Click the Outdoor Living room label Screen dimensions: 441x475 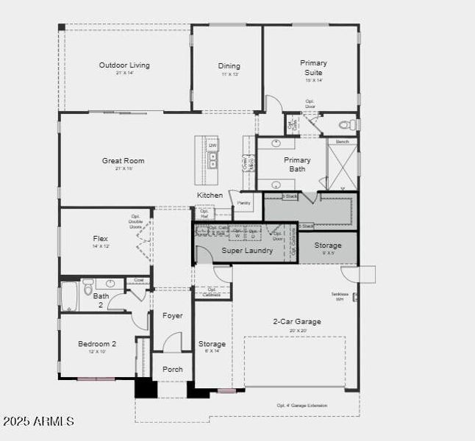coord(124,65)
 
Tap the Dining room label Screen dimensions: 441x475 coord(229,66)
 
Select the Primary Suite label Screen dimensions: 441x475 coord(313,68)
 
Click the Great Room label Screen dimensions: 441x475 coord(123,160)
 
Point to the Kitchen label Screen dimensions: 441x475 coord(210,195)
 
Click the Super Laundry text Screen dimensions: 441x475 coord(247,251)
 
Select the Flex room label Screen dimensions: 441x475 coord(100,239)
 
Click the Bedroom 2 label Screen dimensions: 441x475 coord(97,343)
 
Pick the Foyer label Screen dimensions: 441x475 coord(172,316)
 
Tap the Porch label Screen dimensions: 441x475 coord(172,369)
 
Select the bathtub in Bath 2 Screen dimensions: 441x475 coord(68,295)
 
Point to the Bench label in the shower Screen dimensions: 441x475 coord(342,141)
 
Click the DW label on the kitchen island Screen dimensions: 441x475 coord(213,146)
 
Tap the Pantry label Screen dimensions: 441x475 coord(243,202)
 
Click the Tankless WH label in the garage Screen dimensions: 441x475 coord(339,296)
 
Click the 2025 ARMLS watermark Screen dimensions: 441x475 coord(38,421)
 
